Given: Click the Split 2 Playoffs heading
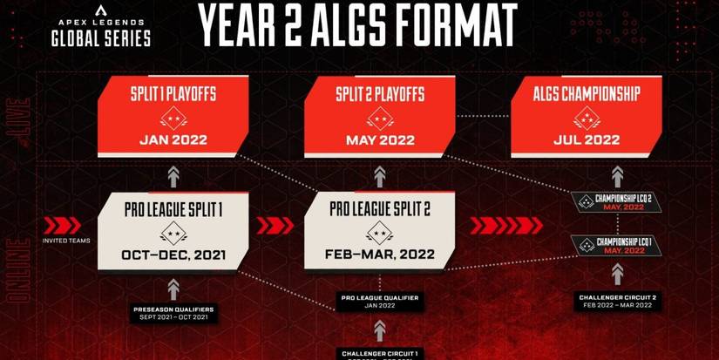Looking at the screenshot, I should click(x=380, y=93).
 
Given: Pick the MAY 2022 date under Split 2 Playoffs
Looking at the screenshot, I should click(x=380, y=139).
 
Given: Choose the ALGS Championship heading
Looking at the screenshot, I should click(x=587, y=93).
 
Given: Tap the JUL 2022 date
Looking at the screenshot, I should click(x=587, y=139).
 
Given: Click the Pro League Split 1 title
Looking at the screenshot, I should click(x=173, y=210).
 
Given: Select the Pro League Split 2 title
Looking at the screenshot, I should click(x=380, y=210).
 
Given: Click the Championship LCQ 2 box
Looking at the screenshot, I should click(x=616, y=200).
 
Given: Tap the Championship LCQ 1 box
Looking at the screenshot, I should click(x=616, y=244).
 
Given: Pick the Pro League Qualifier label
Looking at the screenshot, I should click(x=379, y=301).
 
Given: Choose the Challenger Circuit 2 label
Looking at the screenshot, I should click(x=616, y=302).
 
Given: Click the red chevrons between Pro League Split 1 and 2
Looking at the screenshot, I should click(x=275, y=226).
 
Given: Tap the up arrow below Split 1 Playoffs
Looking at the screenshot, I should click(x=173, y=173).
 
